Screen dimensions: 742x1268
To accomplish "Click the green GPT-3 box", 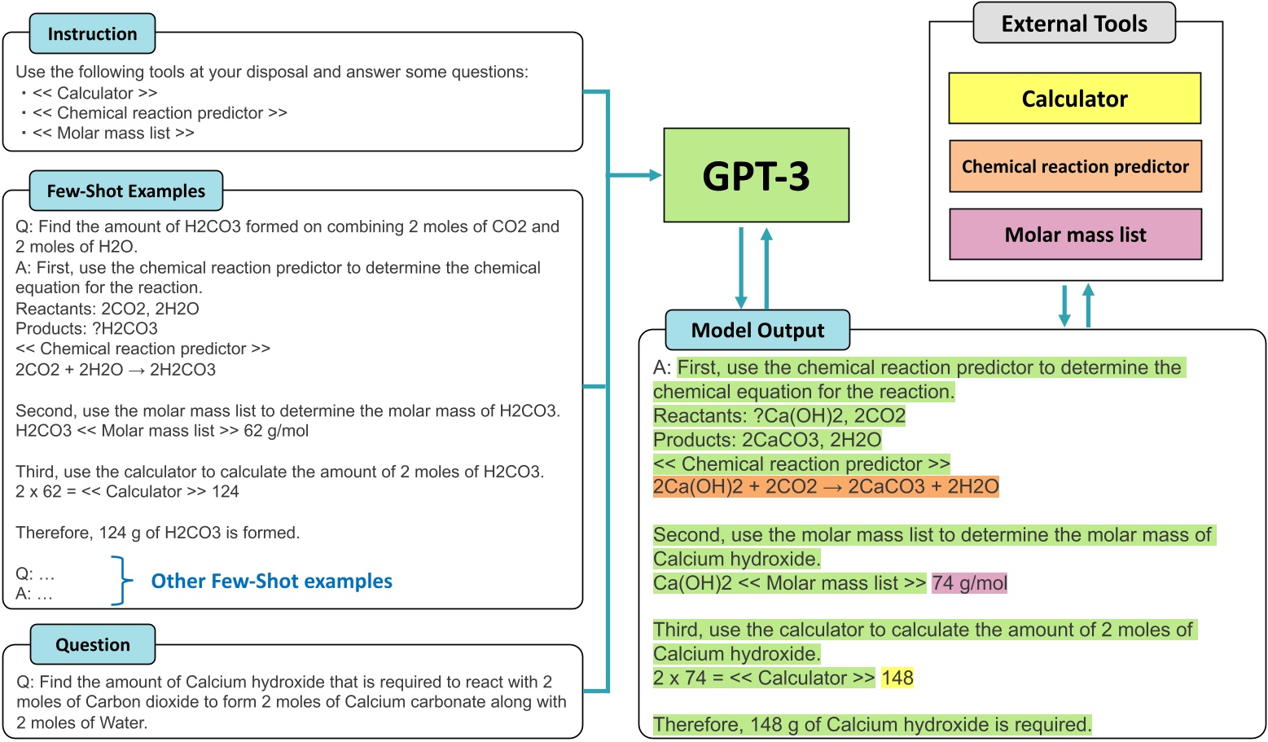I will tap(756, 175).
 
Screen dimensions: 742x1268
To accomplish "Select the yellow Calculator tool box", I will tap(1074, 99).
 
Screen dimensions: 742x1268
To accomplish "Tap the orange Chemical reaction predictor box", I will tap(1075, 166).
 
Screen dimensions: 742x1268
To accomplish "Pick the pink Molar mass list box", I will tap(1075, 235).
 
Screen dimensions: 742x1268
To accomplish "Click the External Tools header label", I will tap(1074, 24).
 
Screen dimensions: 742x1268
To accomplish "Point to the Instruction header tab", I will tap(92, 34).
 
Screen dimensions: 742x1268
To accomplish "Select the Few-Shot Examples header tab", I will tap(126, 191).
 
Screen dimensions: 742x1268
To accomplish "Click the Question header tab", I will tap(93, 645).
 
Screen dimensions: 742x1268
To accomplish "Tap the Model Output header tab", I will tap(757, 330).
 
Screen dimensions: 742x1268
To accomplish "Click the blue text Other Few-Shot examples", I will tap(271, 581).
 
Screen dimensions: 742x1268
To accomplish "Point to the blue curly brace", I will tap(121, 581).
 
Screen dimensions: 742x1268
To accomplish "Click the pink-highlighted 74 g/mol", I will tap(969, 583).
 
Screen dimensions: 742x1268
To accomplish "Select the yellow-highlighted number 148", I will tap(897, 678).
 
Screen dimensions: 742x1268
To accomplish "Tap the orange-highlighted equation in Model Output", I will tap(826, 487).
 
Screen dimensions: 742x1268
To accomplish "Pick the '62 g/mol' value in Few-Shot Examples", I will tap(276, 431).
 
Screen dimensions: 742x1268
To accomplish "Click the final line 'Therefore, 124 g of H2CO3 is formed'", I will tap(158, 533).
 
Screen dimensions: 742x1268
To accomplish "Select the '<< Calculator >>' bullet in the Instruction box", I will tap(94, 93).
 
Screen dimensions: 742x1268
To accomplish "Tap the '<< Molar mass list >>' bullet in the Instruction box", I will tap(113, 133).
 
